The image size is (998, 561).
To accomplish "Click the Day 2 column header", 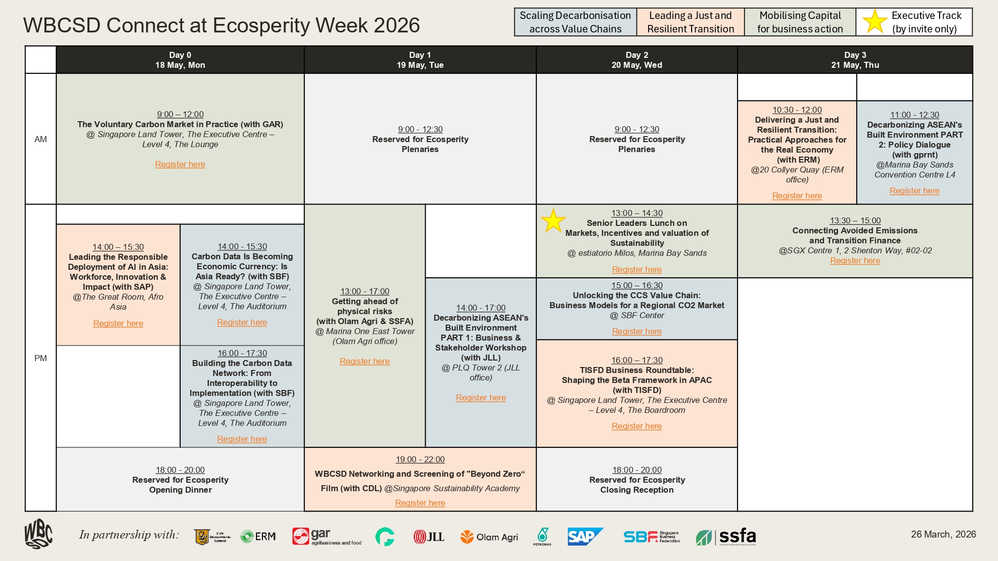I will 637,60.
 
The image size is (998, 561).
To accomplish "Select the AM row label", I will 40,139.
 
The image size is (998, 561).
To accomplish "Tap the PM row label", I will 40,358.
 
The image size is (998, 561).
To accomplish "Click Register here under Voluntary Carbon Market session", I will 180,164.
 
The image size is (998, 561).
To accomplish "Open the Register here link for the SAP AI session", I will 118,323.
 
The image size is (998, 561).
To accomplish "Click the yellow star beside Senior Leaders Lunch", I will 553,220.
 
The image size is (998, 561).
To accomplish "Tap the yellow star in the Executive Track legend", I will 875,22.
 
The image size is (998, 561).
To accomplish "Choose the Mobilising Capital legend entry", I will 800,22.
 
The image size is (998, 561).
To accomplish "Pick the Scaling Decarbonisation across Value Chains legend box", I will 575,22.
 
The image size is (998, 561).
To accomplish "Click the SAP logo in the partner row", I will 585,537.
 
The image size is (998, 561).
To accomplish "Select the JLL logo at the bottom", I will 429,537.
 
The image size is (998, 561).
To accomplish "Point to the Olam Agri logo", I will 489,537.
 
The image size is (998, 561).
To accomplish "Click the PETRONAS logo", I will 542,537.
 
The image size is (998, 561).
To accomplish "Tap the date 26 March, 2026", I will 943,534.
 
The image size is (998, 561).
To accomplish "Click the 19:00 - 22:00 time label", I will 420,459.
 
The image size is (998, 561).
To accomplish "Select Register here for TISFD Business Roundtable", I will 637,426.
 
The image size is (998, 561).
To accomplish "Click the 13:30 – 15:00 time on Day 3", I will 855,220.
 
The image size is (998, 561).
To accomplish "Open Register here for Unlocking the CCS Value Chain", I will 637,331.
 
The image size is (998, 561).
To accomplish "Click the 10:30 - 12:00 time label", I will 797,110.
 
